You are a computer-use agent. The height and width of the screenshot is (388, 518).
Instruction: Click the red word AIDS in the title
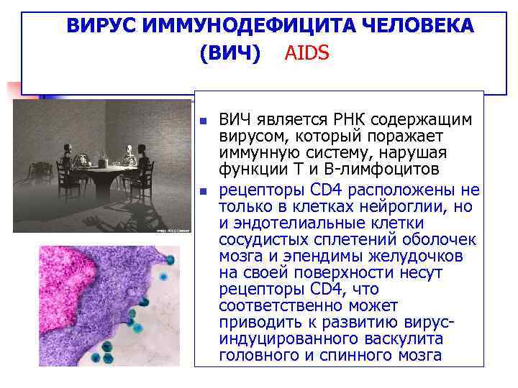click(307, 53)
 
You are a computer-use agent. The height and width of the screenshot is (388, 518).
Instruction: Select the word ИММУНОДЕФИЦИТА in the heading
click(237, 26)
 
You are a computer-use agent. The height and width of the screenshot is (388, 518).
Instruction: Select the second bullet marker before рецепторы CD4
click(203, 191)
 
